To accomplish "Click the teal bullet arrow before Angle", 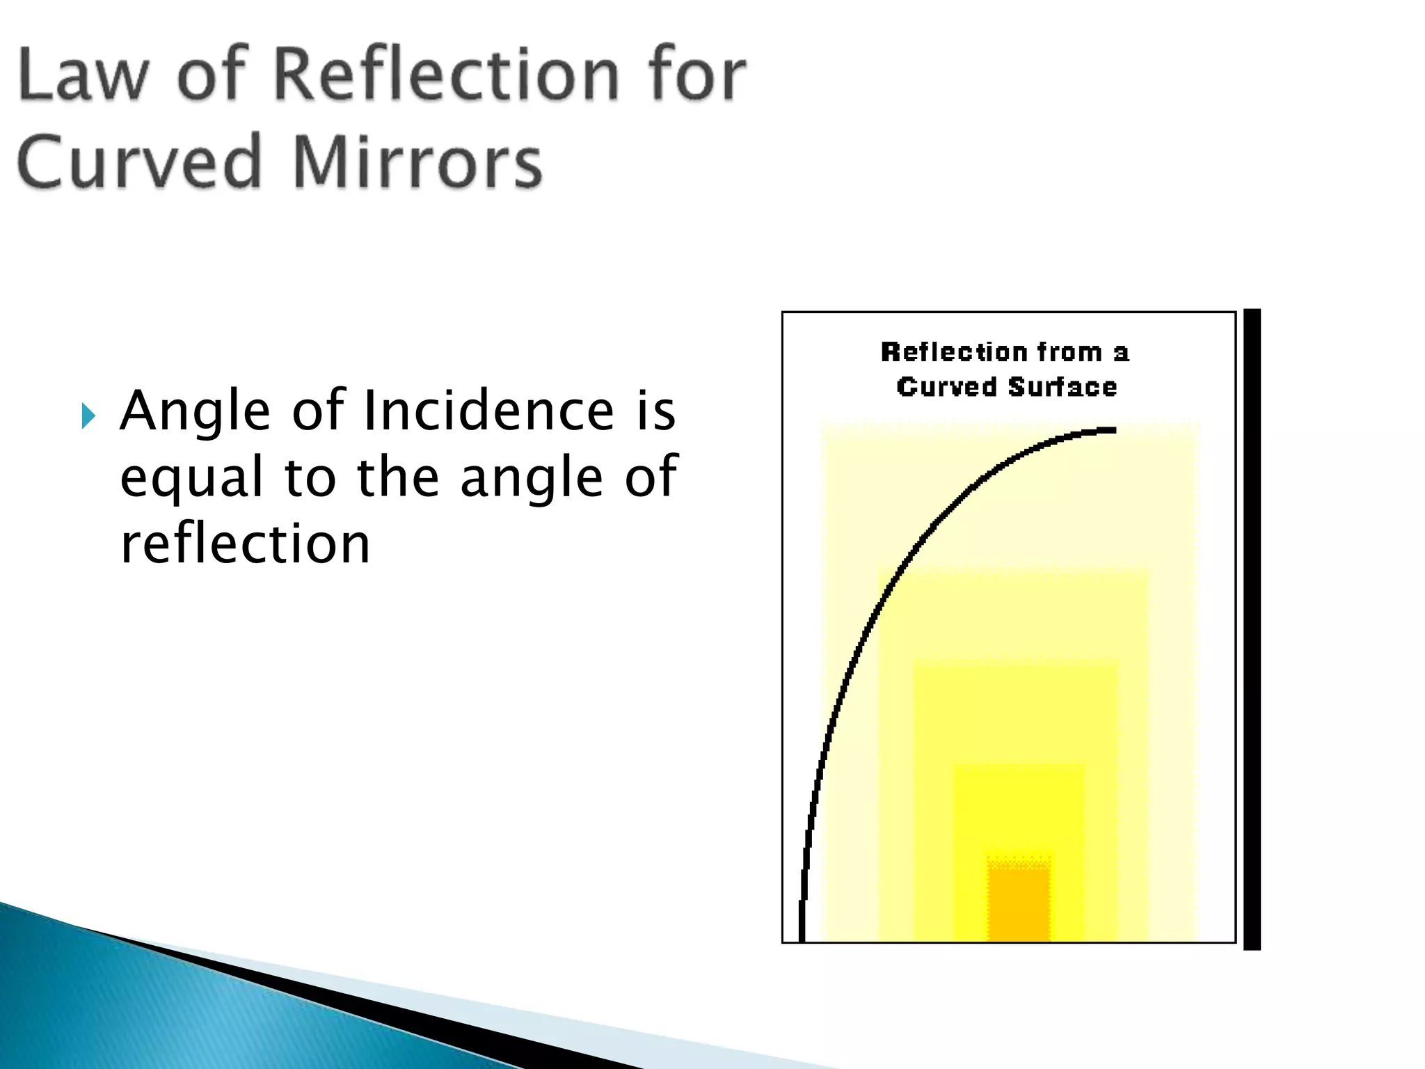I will click(88, 416).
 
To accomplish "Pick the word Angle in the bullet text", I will click(195, 412).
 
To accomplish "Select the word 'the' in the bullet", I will click(398, 477).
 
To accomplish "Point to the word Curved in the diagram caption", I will click(946, 387).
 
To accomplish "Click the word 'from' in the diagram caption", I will click(1069, 352).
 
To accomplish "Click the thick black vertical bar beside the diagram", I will click(1252, 629).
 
